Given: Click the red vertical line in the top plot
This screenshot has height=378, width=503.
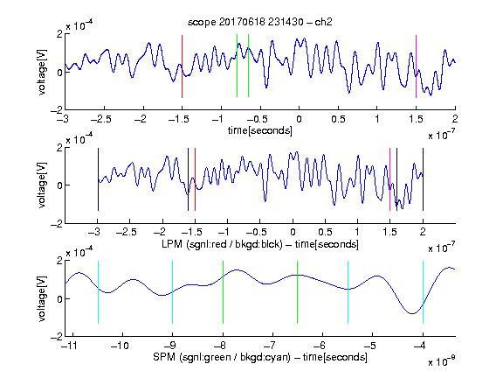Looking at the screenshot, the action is click(182, 66).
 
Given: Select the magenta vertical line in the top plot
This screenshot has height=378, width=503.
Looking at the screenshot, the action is click(416, 66).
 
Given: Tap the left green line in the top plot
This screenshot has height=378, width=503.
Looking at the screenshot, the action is click(237, 66).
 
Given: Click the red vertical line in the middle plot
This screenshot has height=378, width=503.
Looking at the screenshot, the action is click(195, 179).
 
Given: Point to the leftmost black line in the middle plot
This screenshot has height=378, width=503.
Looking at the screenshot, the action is click(98, 179).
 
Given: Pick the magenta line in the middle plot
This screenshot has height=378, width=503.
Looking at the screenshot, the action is click(389, 179).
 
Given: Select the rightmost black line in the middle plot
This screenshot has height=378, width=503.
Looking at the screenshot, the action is click(423, 179).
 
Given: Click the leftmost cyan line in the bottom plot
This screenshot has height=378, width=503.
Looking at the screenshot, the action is click(98, 292).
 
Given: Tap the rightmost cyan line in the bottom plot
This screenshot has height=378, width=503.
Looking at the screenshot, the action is click(423, 292).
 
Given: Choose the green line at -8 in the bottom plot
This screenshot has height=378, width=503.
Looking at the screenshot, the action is click(223, 292).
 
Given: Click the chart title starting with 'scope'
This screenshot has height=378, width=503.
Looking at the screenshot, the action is click(259, 22).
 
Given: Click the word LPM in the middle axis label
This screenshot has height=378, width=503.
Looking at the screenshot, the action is click(172, 244).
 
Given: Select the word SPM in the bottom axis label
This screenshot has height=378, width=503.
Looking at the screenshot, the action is click(164, 357).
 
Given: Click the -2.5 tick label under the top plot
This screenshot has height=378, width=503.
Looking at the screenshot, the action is click(100, 119).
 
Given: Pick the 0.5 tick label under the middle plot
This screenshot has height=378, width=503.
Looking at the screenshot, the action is click(325, 232).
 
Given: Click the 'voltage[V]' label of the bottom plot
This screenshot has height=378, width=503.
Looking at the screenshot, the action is click(42, 298).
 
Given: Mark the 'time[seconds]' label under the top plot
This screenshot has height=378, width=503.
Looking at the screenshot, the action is click(260, 130).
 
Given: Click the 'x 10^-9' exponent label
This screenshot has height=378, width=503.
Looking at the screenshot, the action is click(441, 360).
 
